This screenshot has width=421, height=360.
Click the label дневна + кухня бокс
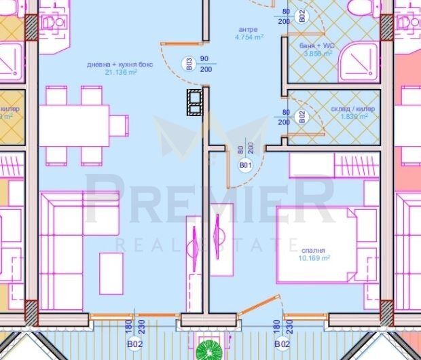pos(112,65)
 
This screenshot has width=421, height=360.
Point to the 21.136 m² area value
pos(112,73)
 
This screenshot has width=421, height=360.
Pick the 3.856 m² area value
pos(317,54)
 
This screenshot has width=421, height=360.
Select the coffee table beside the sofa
pos(111,273)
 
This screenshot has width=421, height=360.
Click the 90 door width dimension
pos(204,59)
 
